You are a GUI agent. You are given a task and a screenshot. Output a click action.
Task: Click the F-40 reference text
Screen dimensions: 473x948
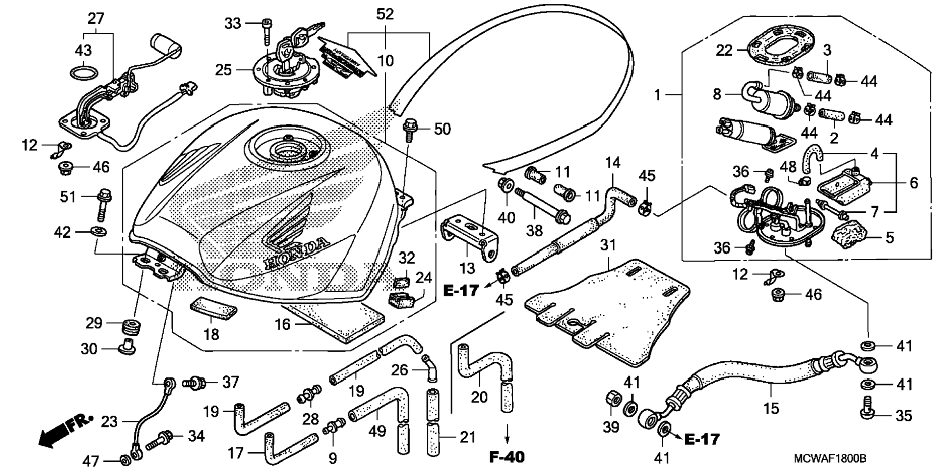[x=506, y=457]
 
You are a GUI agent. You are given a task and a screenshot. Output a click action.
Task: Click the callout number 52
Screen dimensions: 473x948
[x=385, y=14]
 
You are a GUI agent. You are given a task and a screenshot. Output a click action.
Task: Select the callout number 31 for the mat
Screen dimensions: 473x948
[x=608, y=245]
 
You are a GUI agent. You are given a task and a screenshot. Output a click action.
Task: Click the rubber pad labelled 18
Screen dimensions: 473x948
[x=213, y=308]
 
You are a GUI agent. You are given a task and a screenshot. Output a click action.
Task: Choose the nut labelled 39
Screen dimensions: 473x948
[x=611, y=399]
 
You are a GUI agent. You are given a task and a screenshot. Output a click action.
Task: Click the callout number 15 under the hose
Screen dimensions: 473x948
[x=771, y=407]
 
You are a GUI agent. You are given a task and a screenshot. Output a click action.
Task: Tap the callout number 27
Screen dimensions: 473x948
[x=96, y=19]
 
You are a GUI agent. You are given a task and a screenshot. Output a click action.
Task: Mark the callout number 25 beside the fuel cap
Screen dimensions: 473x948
[x=224, y=70]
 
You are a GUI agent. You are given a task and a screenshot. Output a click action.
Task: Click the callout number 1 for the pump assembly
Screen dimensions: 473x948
[x=658, y=94]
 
